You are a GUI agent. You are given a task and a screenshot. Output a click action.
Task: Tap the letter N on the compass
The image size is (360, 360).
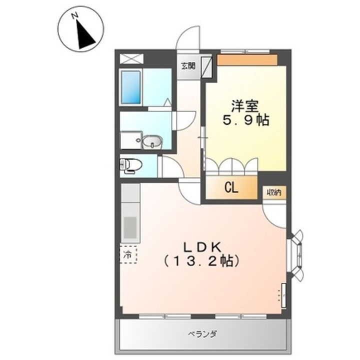[x=74, y=16]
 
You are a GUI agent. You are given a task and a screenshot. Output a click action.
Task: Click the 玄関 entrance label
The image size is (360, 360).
[x=188, y=66]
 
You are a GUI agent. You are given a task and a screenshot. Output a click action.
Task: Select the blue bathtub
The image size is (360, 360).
[x=131, y=87]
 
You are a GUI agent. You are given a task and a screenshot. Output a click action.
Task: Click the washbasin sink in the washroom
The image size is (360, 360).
[x=152, y=142]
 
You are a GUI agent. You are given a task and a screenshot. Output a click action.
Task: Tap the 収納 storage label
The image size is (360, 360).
[x=274, y=192]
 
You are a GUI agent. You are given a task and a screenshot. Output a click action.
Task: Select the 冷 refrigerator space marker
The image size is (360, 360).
[x=128, y=254]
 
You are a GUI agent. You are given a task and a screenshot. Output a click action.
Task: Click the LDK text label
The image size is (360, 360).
[x=202, y=247]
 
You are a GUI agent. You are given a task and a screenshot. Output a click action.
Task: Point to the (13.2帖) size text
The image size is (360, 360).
[x=201, y=261]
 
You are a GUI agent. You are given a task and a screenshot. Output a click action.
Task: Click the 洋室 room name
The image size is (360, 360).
[x=245, y=106]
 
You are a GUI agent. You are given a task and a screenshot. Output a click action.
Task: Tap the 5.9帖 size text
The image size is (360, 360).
[x=245, y=120]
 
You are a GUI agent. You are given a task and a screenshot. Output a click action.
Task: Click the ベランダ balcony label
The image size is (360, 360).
[x=202, y=334]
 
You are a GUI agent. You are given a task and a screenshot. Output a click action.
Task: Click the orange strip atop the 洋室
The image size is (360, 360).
[x=247, y=60]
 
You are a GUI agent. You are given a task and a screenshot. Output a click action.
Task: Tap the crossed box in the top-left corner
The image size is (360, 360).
[x=131, y=58]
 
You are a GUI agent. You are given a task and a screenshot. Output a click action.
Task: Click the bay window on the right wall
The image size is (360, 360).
[x=296, y=255]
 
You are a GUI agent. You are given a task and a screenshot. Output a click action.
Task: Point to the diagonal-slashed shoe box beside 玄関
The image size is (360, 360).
[x=207, y=66]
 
